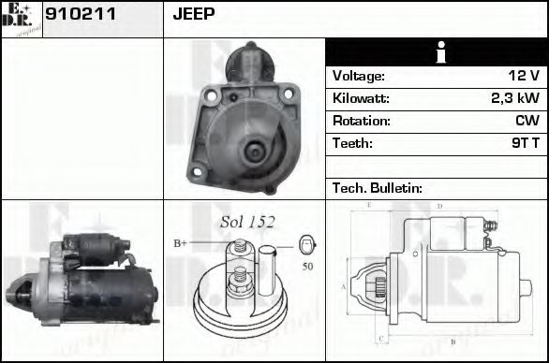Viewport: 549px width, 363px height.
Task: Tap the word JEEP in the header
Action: pyautogui.click(x=194, y=14)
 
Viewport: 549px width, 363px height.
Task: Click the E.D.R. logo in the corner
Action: pyautogui.click(x=21, y=19)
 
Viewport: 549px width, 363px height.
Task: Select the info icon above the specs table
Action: pyautogui.click(x=436, y=52)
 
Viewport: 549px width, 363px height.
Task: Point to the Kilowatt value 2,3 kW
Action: pyautogui.click(x=514, y=98)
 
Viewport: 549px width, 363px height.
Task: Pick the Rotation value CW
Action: pyautogui.click(x=526, y=121)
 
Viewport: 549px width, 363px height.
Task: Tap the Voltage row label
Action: pyautogui.click(x=358, y=76)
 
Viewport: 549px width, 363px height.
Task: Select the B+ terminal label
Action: pyautogui.click(x=180, y=243)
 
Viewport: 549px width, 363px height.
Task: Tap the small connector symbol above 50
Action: pyautogui.click(x=306, y=245)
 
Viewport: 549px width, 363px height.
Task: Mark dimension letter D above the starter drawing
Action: pyautogui.click(x=438, y=206)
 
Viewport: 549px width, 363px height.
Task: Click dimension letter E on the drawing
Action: pyautogui.click(x=370, y=205)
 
